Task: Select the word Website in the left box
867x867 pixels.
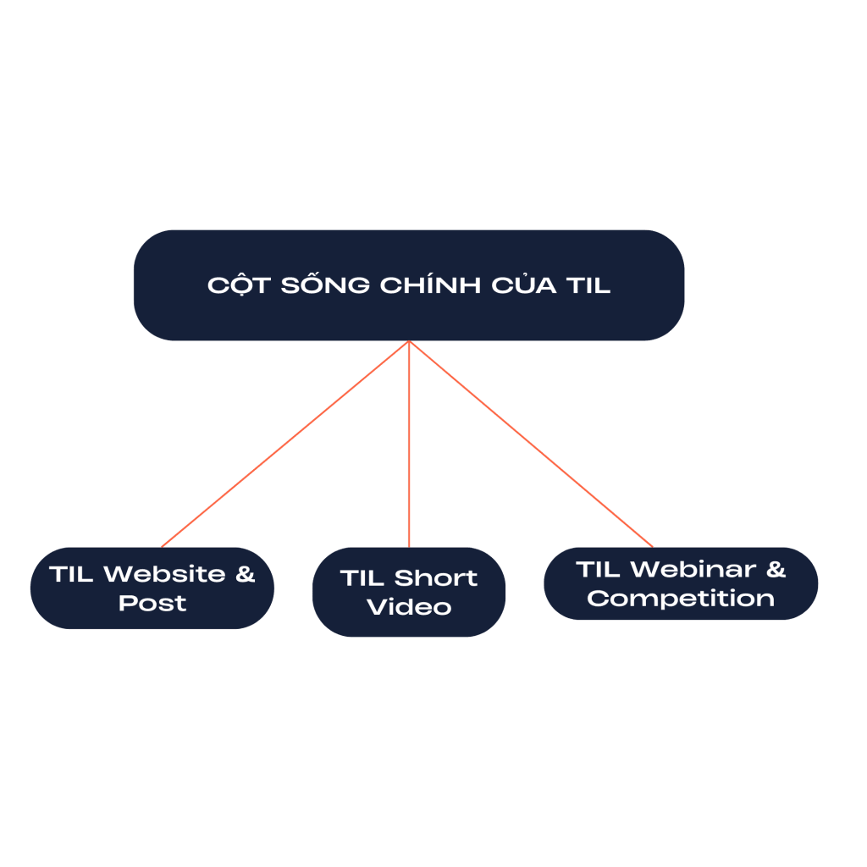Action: tap(165, 574)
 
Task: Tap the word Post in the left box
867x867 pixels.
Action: tap(152, 604)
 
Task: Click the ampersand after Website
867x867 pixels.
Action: tap(245, 574)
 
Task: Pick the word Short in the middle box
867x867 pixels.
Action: tap(435, 578)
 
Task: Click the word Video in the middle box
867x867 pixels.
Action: tap(409, 608)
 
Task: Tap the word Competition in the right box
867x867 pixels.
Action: tap(681, 599)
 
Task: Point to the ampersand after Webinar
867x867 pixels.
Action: tap(776, 569)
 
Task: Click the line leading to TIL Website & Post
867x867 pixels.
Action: tap(284, 444)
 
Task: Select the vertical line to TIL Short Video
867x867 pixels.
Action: tap(409, 444)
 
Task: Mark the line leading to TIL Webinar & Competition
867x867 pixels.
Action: tap(531, 444)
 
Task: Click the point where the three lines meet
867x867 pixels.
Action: tap(409, 341)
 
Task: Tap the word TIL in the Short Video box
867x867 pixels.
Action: tap(362, 578)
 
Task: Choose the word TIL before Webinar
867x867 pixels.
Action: tap(599, 569)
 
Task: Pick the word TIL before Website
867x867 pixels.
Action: tap(71, 574)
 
